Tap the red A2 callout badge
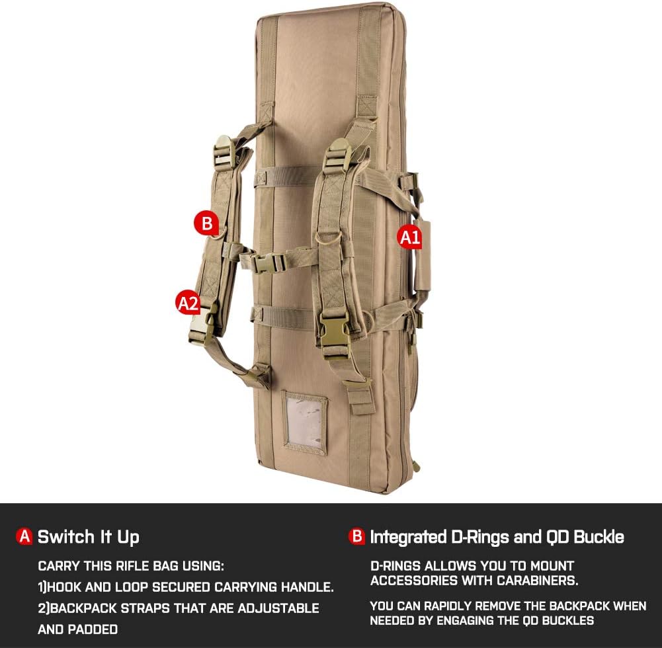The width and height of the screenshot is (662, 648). point(187,303)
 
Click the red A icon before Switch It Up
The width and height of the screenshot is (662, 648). point(24,536)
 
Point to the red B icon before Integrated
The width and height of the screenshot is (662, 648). point(357,536)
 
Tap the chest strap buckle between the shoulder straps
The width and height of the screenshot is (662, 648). point(268,263)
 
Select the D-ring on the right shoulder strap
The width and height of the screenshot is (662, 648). point(327,237)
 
